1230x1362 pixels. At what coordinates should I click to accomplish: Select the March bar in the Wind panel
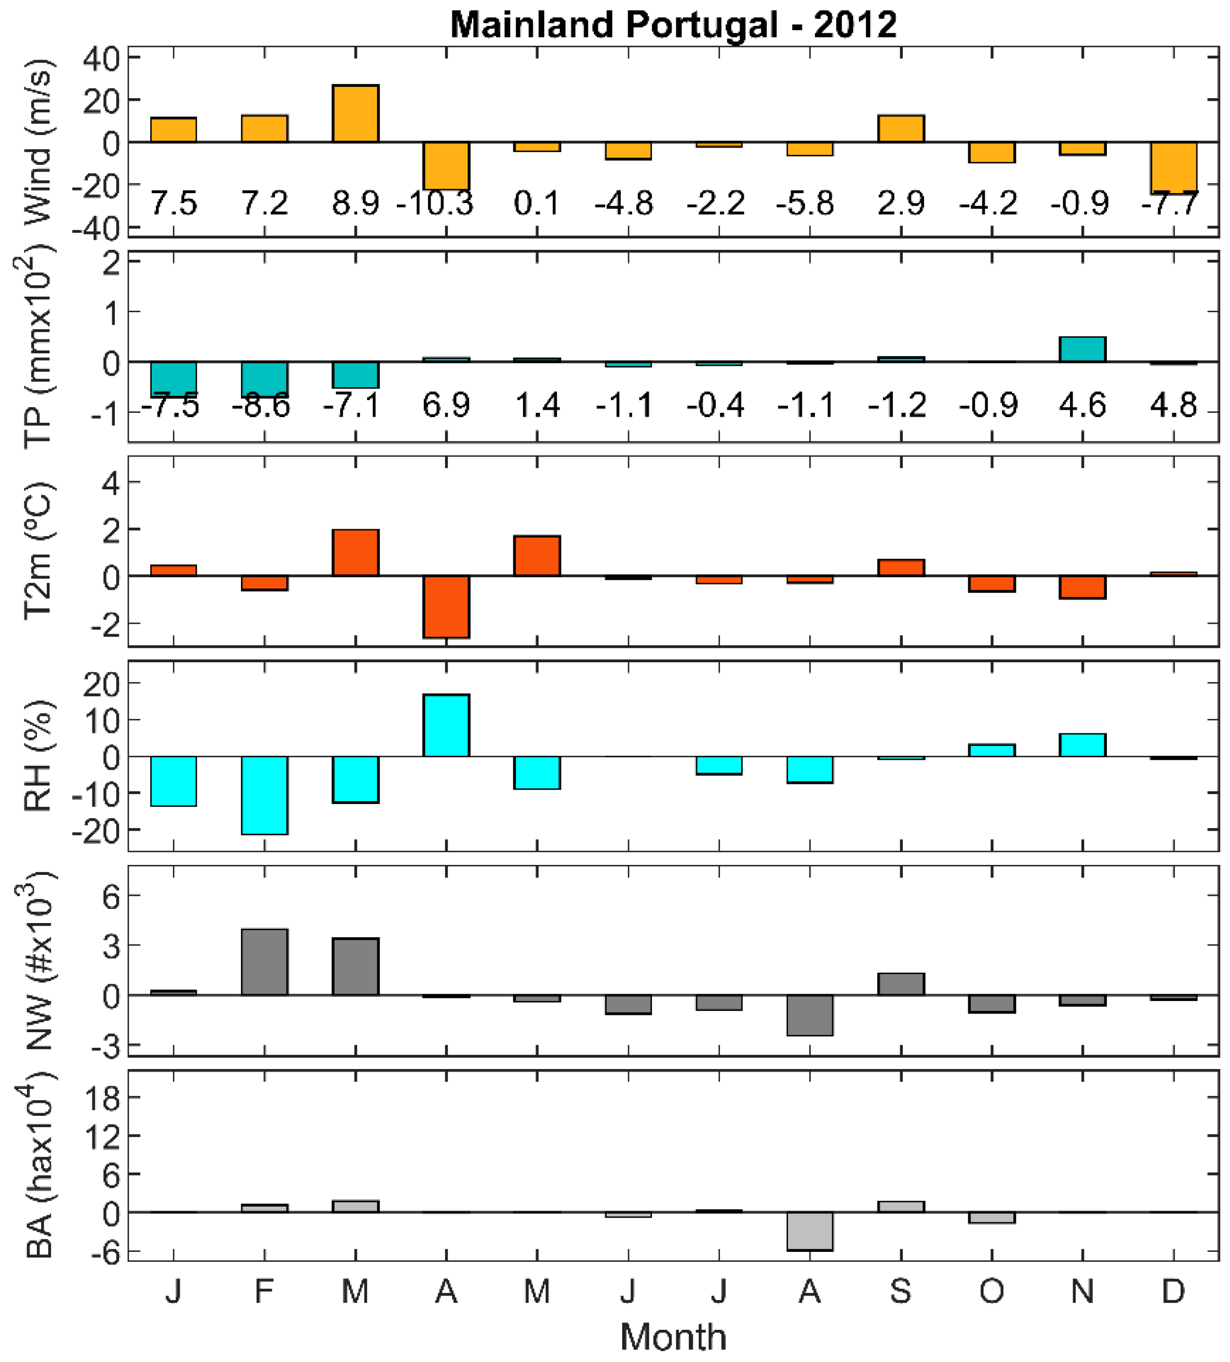(355, 113)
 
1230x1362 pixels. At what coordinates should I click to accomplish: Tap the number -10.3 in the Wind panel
(435, 203)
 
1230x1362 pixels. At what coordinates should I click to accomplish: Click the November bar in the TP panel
(1082, 349)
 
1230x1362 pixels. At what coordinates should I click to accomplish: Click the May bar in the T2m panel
(537, 555)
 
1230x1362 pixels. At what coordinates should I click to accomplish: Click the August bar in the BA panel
(809, 1231)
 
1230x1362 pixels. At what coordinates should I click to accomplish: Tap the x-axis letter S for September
(900, 1292)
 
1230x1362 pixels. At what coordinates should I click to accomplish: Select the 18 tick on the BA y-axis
(101, 1099)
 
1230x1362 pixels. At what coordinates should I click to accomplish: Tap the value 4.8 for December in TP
(1173, 405)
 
